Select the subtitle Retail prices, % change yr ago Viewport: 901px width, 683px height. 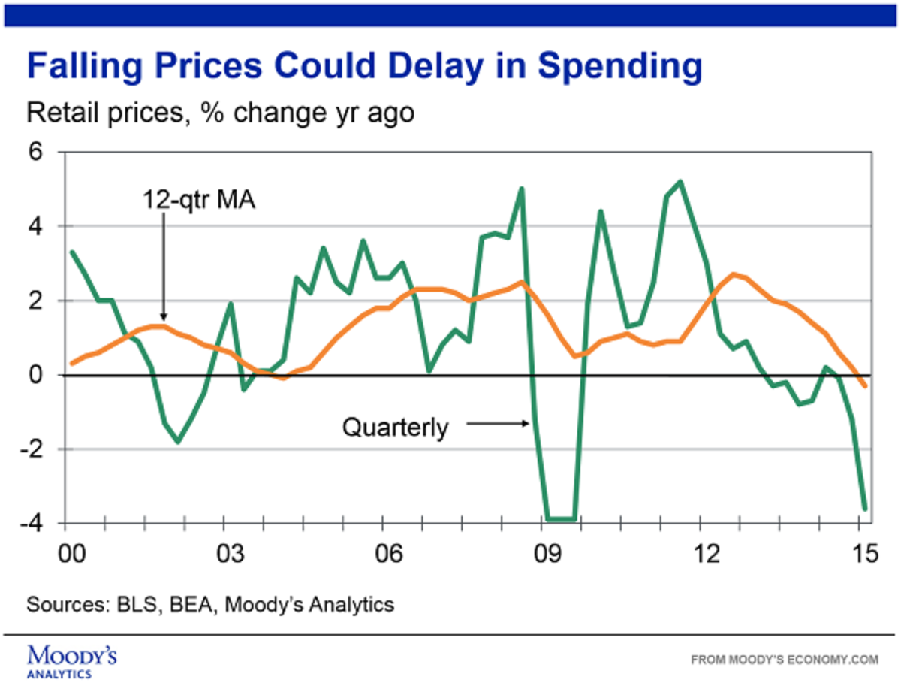pyautogui.click(x=220, y=114)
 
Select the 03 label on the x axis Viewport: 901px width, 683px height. pyautogui.click(x=231, y=554)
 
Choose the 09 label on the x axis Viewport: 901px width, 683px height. pyautogui.click(x=547, y=554)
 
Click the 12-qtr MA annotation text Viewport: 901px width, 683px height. pyautogui.click(x=199, y=202)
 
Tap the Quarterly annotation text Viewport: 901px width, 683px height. pyautogui.click(x=395, y=428)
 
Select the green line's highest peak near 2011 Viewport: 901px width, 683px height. pyautogui.click(x=680, y=181)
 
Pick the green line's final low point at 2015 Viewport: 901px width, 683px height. pyautogui.click(x=865, y=509)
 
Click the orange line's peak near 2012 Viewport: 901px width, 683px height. pyautogui.click(x=733, y=274)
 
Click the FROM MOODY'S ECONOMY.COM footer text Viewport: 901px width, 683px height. pyautogui.click(x=784, y=660)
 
